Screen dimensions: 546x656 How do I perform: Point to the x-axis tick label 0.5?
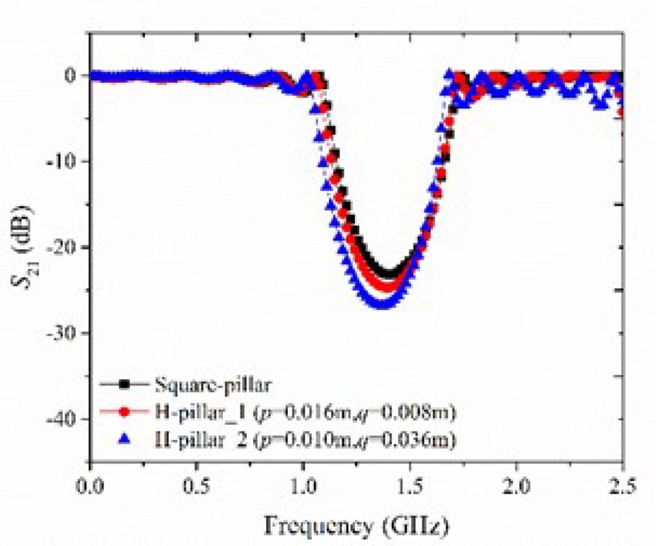click(x=197, y=483)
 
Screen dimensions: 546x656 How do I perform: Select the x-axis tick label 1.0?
click(x=303, y=483)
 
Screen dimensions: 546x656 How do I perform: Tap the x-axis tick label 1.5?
click(x=410, y=483)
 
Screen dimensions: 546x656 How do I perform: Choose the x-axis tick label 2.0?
click(x=516, y=483)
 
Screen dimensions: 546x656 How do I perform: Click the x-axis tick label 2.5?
click(x=622, y=483)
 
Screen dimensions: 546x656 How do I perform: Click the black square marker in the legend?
click(x=125, y=384)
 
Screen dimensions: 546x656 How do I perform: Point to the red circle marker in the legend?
click(x=125, y=412)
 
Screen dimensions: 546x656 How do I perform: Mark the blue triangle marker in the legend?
click(x=125, y=439)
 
